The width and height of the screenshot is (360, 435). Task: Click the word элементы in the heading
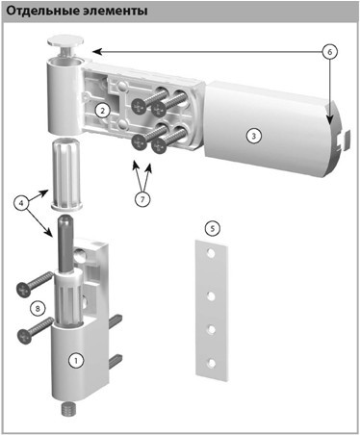[x=114, y=12]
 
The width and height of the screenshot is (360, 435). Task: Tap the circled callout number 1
[x=76, y=360]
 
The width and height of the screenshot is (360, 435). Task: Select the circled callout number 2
[x=102, y=111]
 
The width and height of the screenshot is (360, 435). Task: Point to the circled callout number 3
[x=253, y=136]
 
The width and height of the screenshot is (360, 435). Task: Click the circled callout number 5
[x=212, y=229]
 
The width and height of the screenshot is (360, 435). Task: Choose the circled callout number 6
[x=330, y=51]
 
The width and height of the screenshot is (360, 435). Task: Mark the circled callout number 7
[x=142, y=199]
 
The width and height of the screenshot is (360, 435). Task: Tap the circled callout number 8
[x=38, y=309]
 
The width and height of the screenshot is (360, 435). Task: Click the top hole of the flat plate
[x=211, y=253]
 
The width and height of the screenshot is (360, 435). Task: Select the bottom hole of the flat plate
[x=211, y=363]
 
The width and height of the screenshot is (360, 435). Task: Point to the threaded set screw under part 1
[x=67, y=409]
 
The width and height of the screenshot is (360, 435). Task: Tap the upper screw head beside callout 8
[x=24, y=290]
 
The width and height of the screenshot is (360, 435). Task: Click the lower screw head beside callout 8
[x=25, y=336]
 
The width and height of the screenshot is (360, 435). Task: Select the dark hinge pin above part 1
[x=65, y=243]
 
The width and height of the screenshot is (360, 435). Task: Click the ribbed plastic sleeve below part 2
[x=66, y=172]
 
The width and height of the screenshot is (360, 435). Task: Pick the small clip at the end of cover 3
[x=343, y=140]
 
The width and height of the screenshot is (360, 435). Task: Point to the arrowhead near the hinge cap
[x=97, y=51]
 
